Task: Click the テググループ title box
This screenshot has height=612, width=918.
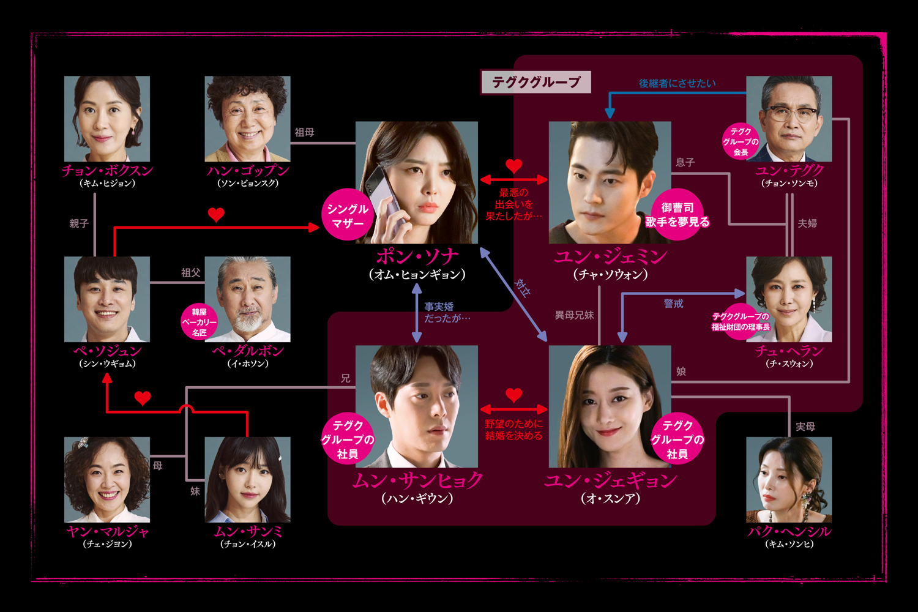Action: pos(536,82)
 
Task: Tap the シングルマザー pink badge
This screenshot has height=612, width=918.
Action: pos(348,215)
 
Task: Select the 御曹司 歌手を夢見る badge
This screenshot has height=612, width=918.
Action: pos(677,215)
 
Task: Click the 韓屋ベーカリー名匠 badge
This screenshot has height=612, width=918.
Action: pos(199,322)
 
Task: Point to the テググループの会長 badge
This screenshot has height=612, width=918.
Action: pos(741,141)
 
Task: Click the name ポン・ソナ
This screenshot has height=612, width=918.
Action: pos(417,256)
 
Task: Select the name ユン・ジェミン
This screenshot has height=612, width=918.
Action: pos(610,256)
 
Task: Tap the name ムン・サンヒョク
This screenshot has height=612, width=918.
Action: pos(417,480)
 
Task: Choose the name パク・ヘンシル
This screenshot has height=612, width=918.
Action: pos(789,531)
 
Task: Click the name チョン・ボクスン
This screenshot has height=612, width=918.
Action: pos(107,170)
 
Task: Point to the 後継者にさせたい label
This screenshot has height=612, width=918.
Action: pos(677,83)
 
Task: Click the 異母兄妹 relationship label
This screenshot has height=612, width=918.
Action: pos(574,315)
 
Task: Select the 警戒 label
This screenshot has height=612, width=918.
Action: pos(673,304)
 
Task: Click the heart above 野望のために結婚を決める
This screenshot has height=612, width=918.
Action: pos(514,395)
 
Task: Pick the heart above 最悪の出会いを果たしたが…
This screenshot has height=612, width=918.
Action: pos(514,165)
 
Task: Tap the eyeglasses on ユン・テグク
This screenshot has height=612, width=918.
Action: pos(791,114)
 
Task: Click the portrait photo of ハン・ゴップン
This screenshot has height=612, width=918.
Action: pos(247,119)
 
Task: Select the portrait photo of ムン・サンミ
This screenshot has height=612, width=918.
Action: pos(247,479)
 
